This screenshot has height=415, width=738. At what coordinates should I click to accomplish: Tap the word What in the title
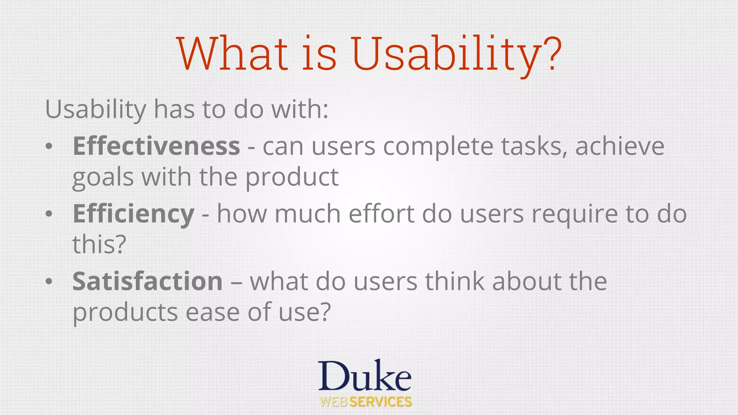coord(232,54)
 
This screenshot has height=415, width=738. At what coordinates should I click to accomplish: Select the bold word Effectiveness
coord(156,146)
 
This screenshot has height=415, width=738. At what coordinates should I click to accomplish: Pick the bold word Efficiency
coord(133,214)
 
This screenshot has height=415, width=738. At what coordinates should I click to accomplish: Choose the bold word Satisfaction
coord(147,281)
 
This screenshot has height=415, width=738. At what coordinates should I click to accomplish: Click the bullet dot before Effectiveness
coord(49,147)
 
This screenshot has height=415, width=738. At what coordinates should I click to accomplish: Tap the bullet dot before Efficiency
coord(49,214)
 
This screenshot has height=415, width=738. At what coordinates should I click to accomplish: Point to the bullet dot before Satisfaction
coord(49,282)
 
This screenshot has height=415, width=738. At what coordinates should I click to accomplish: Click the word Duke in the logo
coord(364,376)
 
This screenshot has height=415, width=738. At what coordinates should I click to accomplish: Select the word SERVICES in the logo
coord(381,402)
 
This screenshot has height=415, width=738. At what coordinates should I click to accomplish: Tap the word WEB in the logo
coord(334,402)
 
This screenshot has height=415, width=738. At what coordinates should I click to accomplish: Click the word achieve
coord(619,146)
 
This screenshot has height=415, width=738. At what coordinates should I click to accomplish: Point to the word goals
coord(103,178)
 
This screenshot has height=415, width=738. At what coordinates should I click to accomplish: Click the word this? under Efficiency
coord(99,245)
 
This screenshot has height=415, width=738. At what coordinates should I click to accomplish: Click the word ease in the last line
coord(212,312)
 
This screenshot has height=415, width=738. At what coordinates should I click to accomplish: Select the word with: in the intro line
coord(300,109)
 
